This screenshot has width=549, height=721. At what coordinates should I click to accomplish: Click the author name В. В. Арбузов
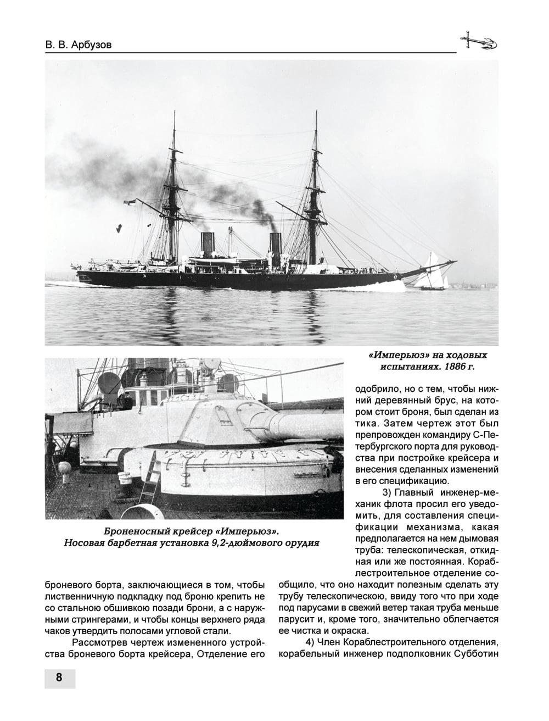(78, 45)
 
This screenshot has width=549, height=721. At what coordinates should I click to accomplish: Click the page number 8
(59, 678)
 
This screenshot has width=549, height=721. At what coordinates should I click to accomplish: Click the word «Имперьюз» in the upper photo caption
(391, 354)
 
